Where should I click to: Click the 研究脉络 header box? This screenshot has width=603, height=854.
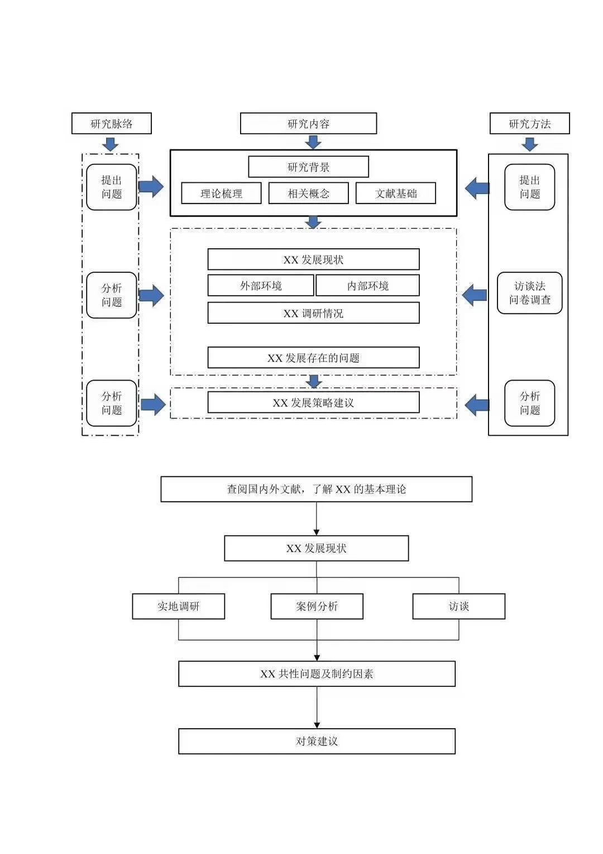[x=111, y=123]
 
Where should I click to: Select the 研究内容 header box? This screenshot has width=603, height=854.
[x=308, y=123]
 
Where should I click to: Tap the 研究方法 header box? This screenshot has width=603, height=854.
[x=529, y=123]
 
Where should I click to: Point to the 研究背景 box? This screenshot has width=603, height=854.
[x=308, y=167]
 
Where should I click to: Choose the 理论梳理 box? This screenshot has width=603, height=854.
[x=221, y=193]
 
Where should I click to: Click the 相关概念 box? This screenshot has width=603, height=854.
[x=308, y=193]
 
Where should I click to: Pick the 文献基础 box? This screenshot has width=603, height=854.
[x=396, y=193]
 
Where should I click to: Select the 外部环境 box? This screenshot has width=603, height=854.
[x=261, y=285]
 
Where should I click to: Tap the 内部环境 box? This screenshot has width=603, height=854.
[x=367, y=285]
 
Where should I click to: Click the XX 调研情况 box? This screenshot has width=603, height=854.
[x=313, y=313]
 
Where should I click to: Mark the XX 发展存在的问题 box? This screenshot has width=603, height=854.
[x=313, y=358]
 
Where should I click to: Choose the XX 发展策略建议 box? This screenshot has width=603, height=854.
[x=313, y=402]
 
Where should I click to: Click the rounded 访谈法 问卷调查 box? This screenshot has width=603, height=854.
[x=529, y=293]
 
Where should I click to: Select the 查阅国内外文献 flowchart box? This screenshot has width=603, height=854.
[x=316, y=489]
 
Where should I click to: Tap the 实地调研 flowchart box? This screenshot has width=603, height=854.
[x=178, y=606]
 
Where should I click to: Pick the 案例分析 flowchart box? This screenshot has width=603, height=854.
[x=317, y=606]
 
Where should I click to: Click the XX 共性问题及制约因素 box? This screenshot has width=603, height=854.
[x=317, y=673]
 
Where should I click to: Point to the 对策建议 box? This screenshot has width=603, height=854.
[x=317, y=741]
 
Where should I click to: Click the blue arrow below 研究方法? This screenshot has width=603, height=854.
[x=529, y=145]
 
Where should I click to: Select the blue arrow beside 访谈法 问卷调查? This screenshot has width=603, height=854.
[x=474, y=295]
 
